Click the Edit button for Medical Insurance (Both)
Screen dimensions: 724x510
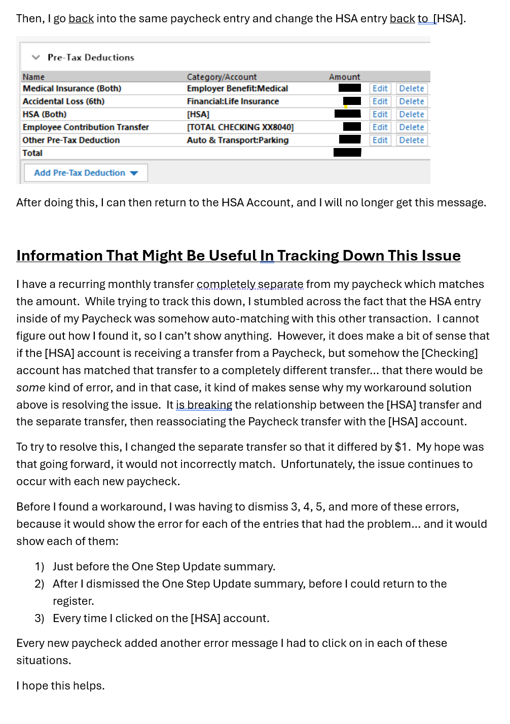click(380, 89)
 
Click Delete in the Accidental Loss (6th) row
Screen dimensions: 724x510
click(411, 101)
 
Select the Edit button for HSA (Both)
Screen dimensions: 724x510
click(380, 115)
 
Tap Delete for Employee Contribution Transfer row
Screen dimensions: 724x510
click(411, 127)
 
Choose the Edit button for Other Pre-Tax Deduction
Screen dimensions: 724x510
click(380, 140)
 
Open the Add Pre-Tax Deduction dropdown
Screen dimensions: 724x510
click(86, 173)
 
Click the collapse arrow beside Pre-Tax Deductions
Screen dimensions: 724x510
click(35, 57)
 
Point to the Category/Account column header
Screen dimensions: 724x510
click(222, 77)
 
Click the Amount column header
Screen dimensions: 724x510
click(344, 77)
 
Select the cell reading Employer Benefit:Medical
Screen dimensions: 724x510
click(237, 89)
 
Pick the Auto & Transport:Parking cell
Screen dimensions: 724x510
click(237, 140)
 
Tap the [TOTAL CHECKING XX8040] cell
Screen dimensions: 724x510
click(240, 127)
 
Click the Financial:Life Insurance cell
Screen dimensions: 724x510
click(233, 101)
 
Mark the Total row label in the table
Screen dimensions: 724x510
click(32, 153)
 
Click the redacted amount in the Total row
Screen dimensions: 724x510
click(347, 153)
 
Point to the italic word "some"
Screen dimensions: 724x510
click(30, 388)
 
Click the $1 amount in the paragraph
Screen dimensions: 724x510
click(402, 447)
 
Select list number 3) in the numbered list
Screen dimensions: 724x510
click(40, 619)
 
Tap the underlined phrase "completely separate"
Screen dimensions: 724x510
click(250, 284)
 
